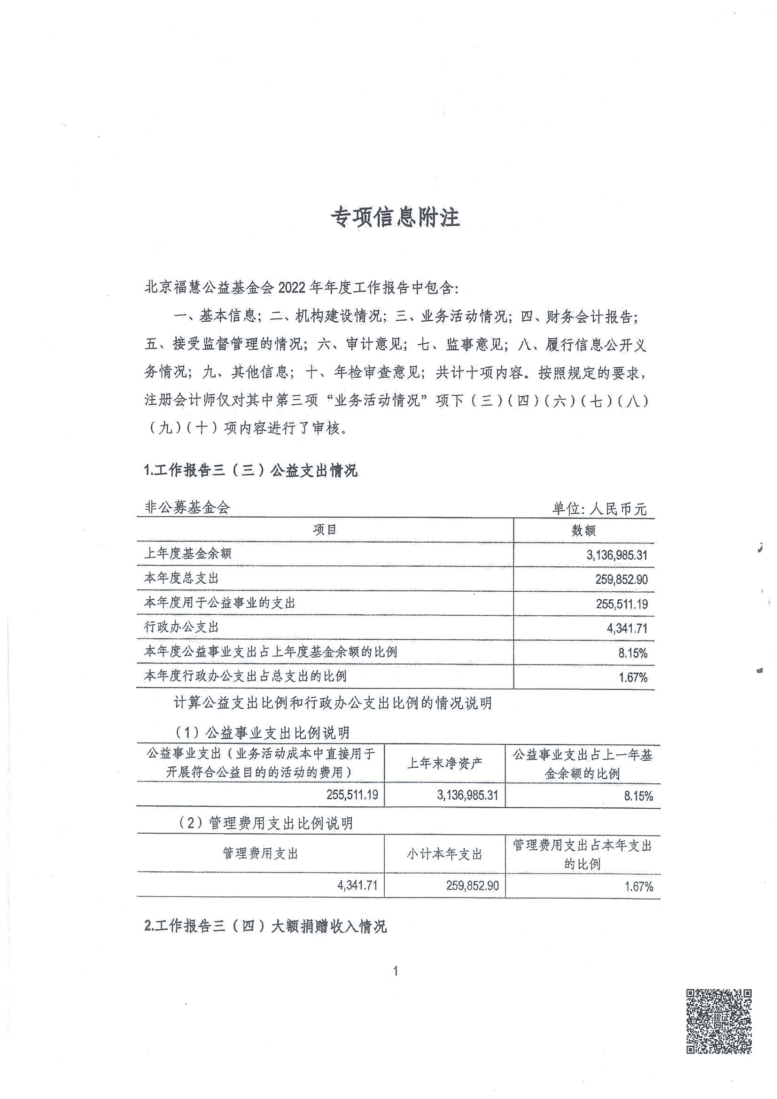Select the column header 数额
(583, 530)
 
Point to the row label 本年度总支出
(181, 578)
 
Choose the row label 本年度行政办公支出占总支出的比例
(245, 676)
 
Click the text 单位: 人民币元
(599, 508)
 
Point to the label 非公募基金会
(187, 507)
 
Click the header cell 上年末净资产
(444, 764)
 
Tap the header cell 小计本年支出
(444, 854)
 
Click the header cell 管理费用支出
(260, 853)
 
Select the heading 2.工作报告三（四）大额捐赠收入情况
(265, 927)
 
